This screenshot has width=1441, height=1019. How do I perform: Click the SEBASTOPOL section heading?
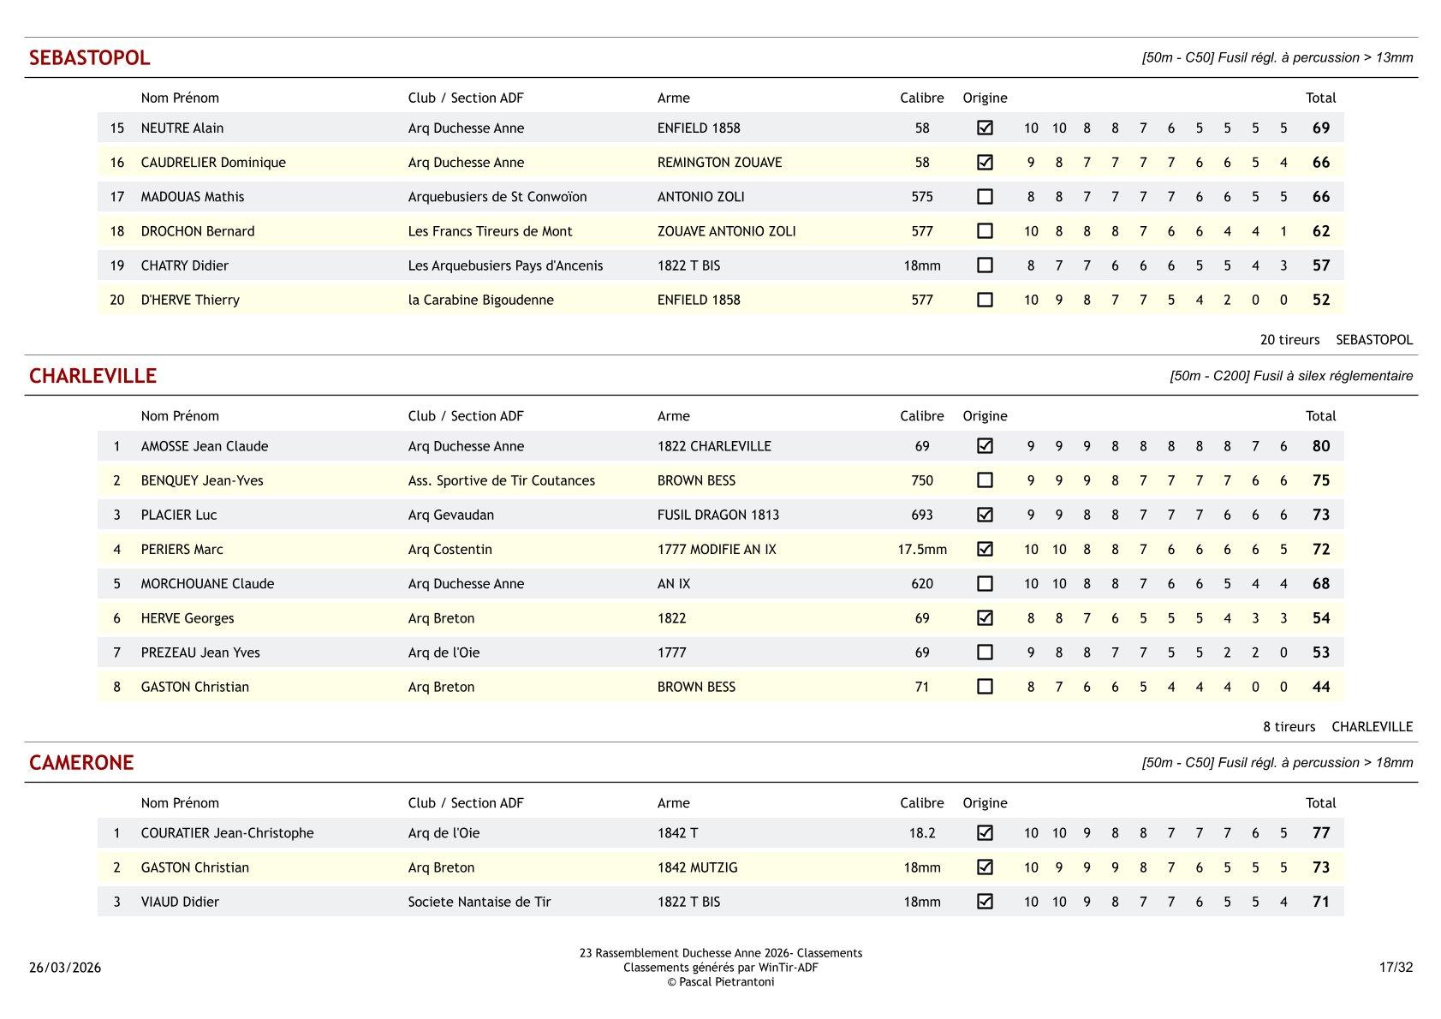[89, 58]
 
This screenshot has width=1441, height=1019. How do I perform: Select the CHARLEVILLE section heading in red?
[92, 377]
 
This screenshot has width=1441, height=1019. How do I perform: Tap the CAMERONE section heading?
[81, 763]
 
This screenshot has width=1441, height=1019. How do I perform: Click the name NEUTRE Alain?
[182, 128]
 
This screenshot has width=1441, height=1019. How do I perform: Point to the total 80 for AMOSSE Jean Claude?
[1320, 446]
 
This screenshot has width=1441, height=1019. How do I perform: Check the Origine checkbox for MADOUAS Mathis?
[985, 197]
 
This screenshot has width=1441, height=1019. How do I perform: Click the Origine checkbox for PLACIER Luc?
[985, 515]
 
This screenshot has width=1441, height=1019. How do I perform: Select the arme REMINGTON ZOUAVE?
[719, 163]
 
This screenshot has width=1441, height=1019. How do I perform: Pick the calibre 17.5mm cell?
[921, 550]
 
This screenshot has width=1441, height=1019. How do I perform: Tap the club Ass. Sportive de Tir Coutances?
[501, 480]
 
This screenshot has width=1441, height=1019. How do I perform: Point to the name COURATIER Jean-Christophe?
[227, 833]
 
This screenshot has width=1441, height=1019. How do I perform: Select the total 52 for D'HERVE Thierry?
[1320, 300]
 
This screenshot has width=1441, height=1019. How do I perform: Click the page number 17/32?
[1396, 968]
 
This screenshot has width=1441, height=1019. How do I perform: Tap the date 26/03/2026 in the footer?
[65, 968]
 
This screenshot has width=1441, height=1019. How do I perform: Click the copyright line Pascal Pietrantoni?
[720, 982]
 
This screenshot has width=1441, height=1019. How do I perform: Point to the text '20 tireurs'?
[1289, 340]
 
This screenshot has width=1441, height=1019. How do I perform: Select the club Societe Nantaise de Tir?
[479, 902]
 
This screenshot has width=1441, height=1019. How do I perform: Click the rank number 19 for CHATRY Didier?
[117, 265]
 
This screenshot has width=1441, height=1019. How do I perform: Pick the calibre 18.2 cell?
[921, 833]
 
